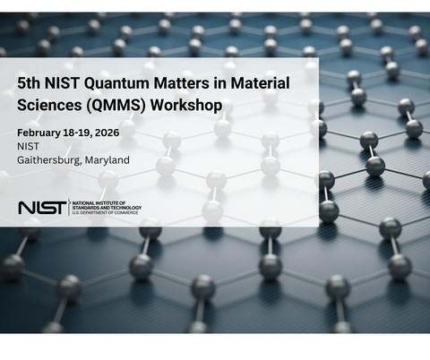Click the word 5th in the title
pos(30,82)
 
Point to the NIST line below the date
pos(28,146)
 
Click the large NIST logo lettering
pos(41,208)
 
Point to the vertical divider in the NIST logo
pos(70,208)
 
